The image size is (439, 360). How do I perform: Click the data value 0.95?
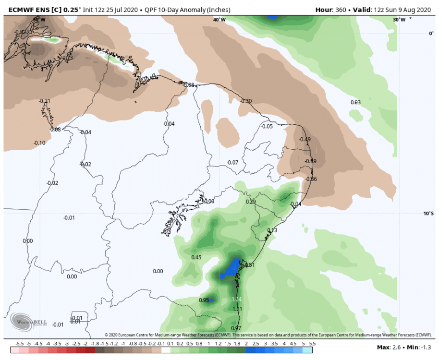204,300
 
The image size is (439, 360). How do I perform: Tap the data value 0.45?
196,257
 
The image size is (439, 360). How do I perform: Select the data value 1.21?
236,309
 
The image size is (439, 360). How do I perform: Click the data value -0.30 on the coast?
246,101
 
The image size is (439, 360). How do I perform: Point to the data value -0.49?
305,139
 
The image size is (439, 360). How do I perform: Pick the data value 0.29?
251,202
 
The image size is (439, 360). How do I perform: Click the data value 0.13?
272,230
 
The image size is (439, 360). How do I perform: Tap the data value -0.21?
45,101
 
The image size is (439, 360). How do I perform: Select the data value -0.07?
232,162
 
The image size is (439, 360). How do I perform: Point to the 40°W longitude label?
219,20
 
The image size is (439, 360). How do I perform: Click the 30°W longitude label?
399,20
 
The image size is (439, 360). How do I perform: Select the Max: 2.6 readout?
389,347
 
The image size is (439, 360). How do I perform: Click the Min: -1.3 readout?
419,347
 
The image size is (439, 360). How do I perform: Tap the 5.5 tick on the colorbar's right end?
312,344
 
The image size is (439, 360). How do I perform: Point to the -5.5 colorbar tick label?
20,344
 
